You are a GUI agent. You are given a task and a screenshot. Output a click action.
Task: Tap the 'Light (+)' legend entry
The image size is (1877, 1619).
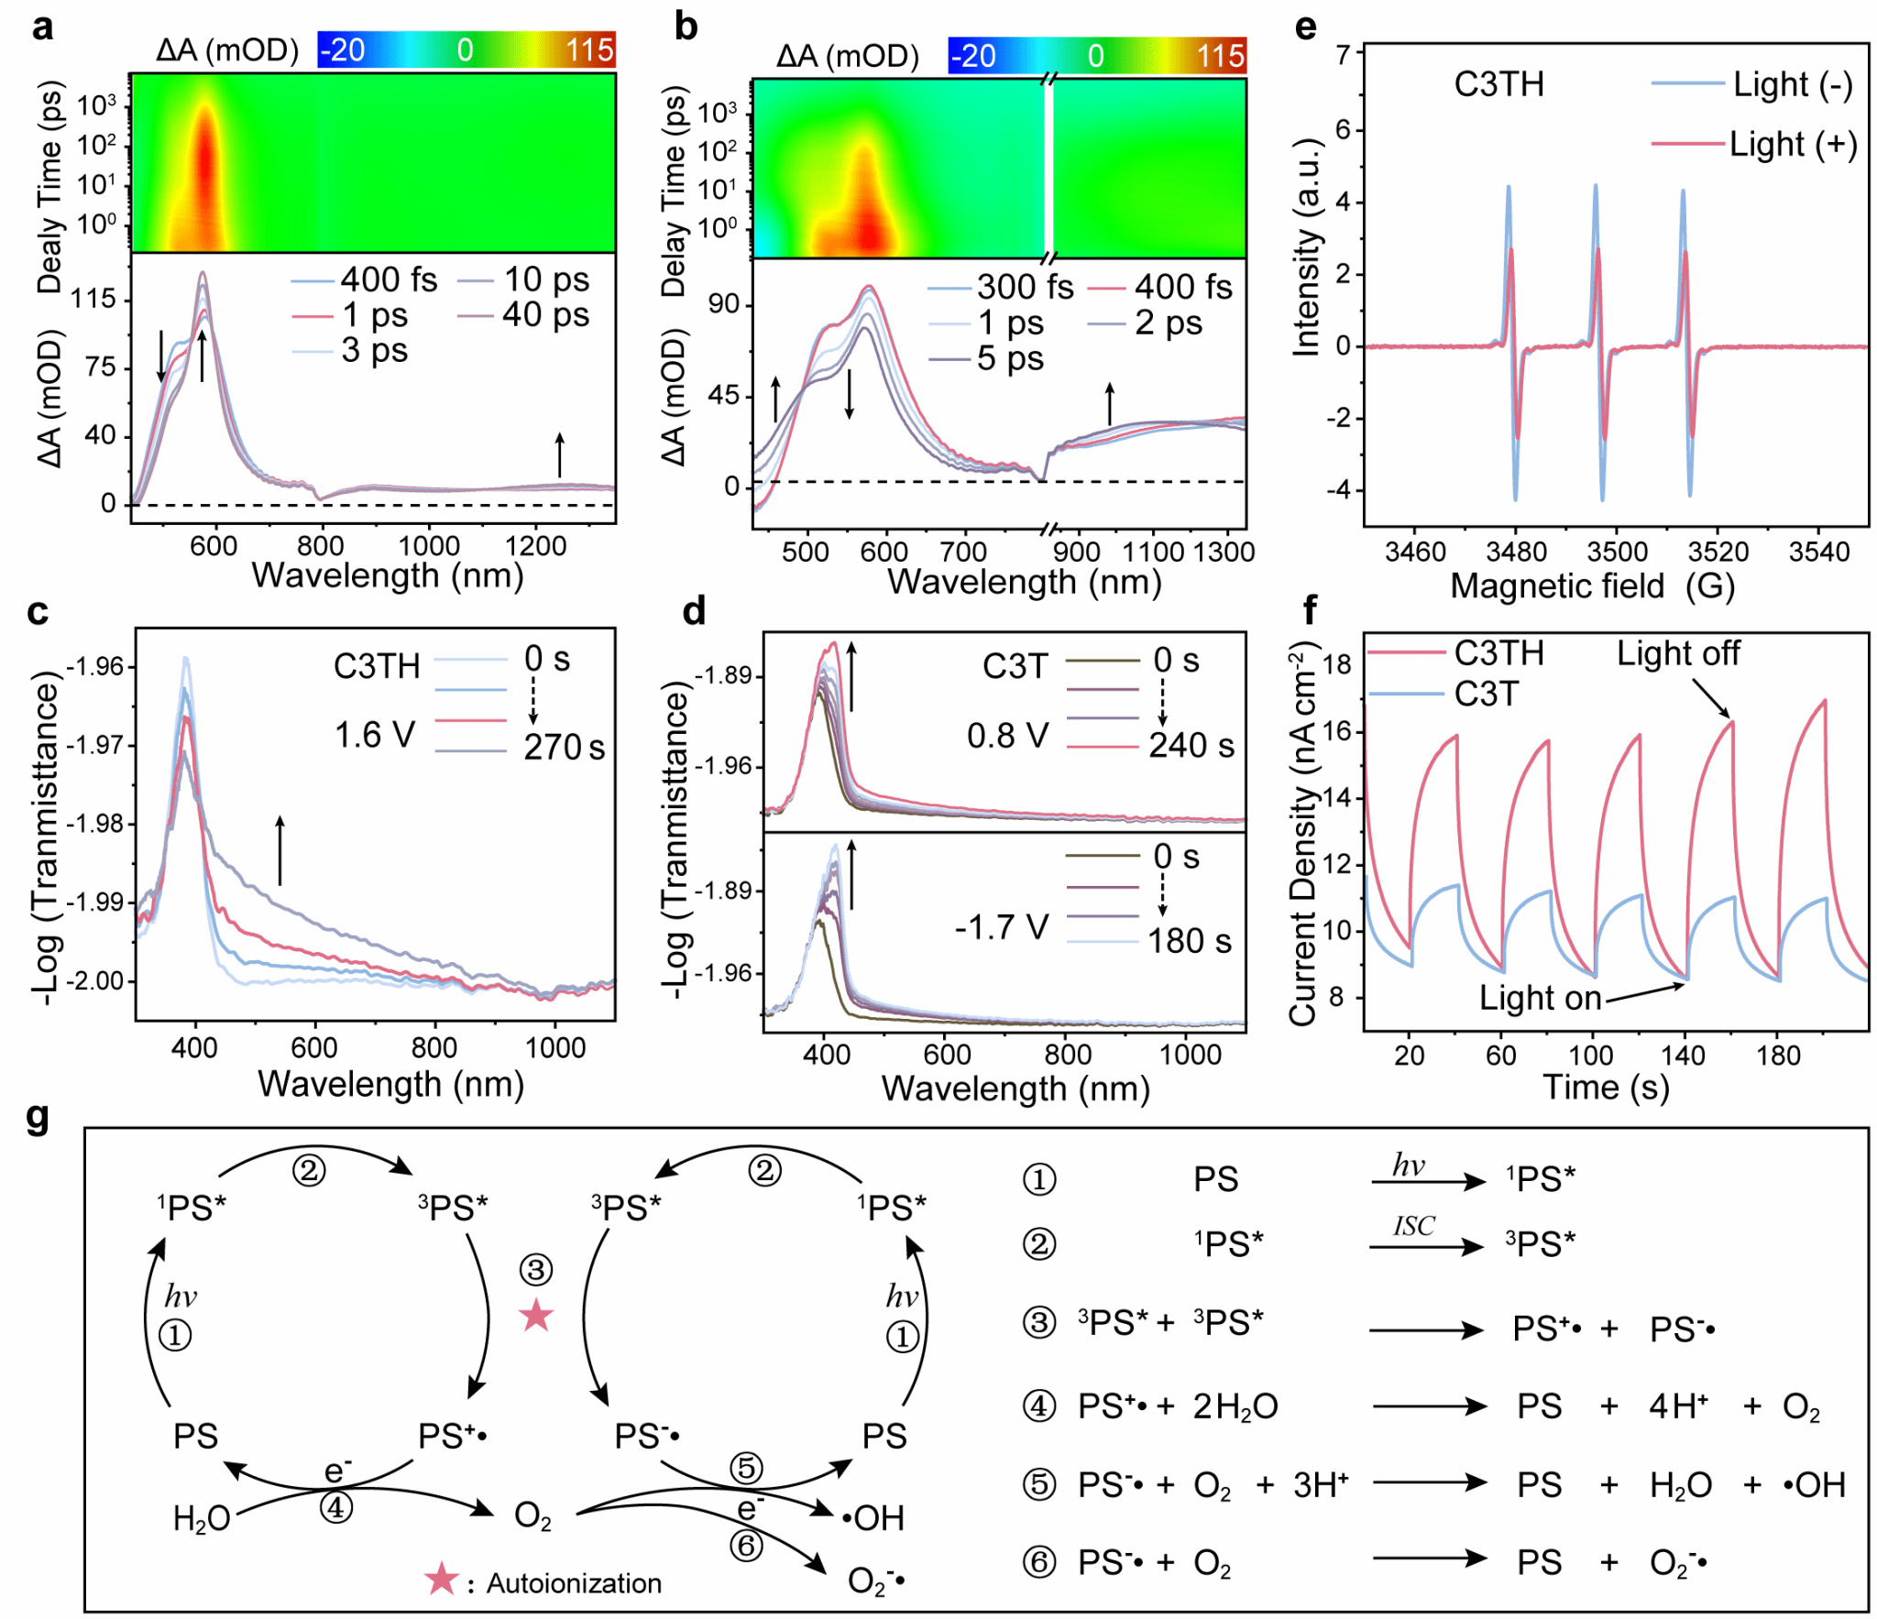pyautogui.click(x=1791, y=144)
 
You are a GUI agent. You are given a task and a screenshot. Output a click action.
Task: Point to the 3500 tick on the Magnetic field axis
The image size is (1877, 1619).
pyautogui.click(x=1617, y=551)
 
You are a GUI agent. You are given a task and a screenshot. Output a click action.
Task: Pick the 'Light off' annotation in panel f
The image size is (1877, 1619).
pyautogui.click(x=1676, y=652)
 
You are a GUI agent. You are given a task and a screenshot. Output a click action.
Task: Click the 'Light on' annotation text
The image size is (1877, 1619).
pyautogui.click(x=1539, y=997)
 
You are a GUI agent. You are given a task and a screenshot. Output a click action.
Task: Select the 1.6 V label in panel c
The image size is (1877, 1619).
pyautogui.click(x=374, y=734)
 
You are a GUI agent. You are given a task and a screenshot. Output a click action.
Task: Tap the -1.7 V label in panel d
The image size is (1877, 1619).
pyautogui.click(x=1001, y=926)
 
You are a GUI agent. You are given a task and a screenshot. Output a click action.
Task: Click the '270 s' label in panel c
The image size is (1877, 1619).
pyautogui.click(x=564, y=747)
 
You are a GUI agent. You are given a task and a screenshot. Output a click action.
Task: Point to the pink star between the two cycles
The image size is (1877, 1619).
pyautogui.click(x=535, y=1316)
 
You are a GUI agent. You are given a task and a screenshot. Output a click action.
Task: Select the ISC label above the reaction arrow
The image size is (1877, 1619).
pyautogui.click(x=1413, y=1225)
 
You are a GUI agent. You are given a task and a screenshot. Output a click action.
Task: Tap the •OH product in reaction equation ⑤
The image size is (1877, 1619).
pyautogui.click(x=1814, y=1483)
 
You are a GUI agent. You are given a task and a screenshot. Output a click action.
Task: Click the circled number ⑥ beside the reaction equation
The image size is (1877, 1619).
pyautogui.click(x=1038, y=1561)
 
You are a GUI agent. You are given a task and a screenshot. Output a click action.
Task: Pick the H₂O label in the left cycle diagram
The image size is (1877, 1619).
pyautogui.click(x=201, y=1518)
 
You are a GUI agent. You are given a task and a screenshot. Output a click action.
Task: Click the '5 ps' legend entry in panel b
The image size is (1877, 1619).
pyautogui.click(x=1009, y=358)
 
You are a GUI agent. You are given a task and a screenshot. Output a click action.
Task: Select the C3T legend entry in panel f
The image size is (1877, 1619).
pyautogui.click(x=1485, y=694)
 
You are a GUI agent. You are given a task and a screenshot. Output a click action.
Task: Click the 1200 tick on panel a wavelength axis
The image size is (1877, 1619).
pyautogui.click(x=535, y=546)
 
